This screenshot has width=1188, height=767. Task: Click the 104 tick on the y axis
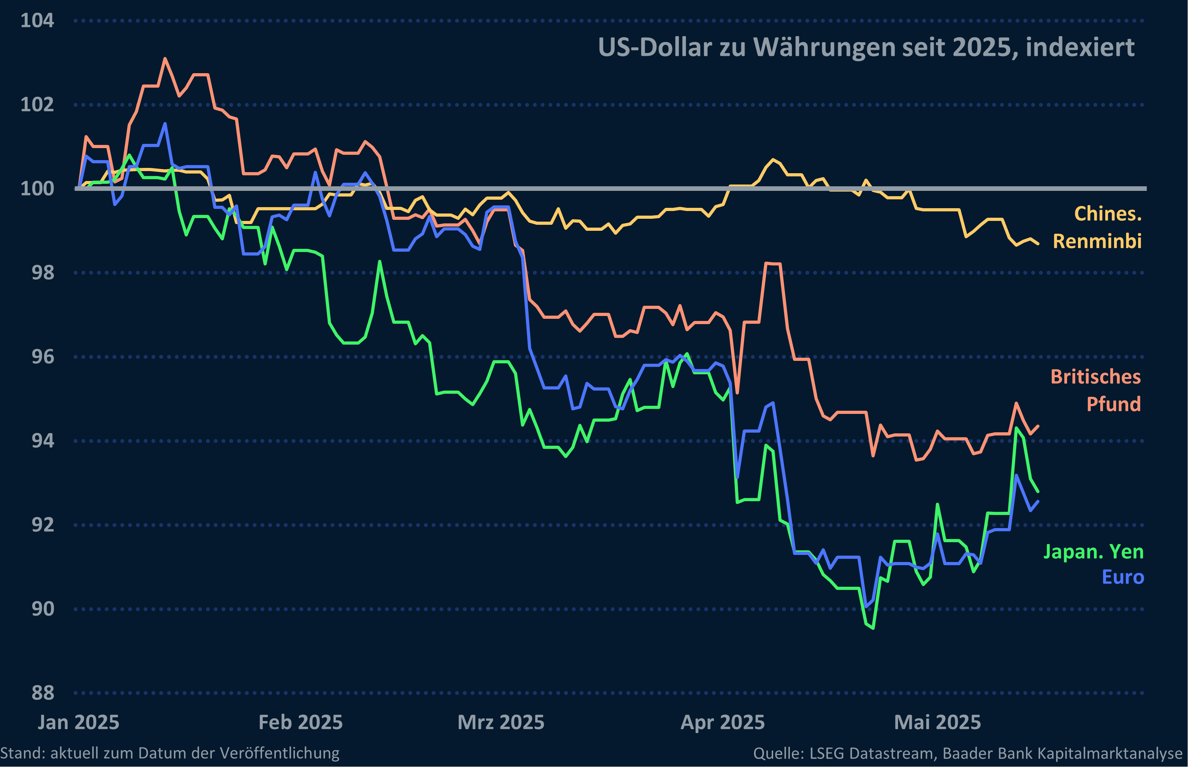point(37,21)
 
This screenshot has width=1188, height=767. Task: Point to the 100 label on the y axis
point(37,189)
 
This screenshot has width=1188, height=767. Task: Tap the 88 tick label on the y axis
point(42,693)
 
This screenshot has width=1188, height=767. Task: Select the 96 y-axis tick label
point(42,357)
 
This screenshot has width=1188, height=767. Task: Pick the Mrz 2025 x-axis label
point(501,722)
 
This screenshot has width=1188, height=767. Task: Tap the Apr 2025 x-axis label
point(723,722)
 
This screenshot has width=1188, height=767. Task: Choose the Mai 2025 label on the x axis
point(937,722)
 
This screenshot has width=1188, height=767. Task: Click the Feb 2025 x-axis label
point(301,722)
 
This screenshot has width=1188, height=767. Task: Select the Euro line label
point(1122,577)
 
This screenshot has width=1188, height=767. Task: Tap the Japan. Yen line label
point(1093,552)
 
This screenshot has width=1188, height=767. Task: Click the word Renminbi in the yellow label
point(1097,241)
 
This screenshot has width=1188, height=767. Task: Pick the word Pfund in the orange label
point(1113,404)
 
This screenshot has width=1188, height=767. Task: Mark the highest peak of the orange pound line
point(165,59)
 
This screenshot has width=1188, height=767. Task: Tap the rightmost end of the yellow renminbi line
point(1038,244)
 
